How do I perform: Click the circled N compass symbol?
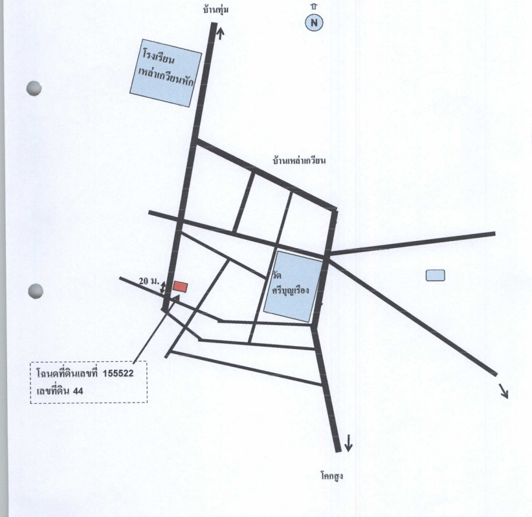(314, 23)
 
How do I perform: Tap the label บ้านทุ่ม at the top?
(216, 10)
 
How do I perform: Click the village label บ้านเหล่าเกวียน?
(299, 160)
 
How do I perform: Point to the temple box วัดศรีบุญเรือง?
(293, 287)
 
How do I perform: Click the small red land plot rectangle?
(180, 287)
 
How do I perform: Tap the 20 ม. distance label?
(149, 281)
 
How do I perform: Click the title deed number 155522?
(118, 374)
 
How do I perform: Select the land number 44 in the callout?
(78, 391)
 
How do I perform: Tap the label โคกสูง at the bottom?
(332, 476)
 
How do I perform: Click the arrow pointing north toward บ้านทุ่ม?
(221, 33)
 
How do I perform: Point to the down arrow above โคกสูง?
(348, 443)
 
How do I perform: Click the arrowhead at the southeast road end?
(504, 392)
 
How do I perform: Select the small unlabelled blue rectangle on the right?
(436, 275)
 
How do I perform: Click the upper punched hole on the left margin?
(34, 89)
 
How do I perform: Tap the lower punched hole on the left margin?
(36, 291)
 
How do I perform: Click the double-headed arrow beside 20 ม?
(163, 288)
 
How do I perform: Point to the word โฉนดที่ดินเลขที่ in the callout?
(67, 374)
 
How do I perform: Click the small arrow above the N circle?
(314, 6)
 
